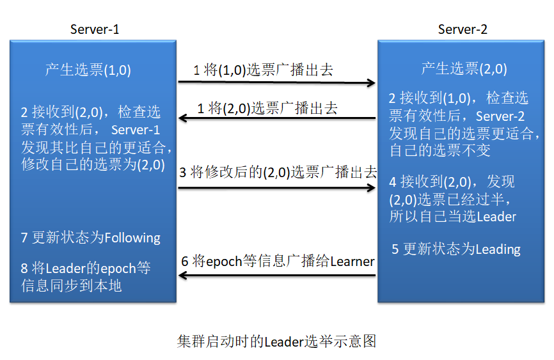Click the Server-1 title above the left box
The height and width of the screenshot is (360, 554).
point(95,29)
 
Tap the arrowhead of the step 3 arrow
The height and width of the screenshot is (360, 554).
point(372,188)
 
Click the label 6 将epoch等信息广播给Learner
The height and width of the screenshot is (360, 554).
point(278,261)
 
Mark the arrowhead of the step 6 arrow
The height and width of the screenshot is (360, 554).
point(182,276)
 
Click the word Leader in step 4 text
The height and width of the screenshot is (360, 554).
point(496,216)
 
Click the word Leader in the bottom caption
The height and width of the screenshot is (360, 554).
point(283,341)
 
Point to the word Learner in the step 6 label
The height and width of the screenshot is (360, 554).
point(352,261)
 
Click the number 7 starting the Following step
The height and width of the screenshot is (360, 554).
point(24,238)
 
